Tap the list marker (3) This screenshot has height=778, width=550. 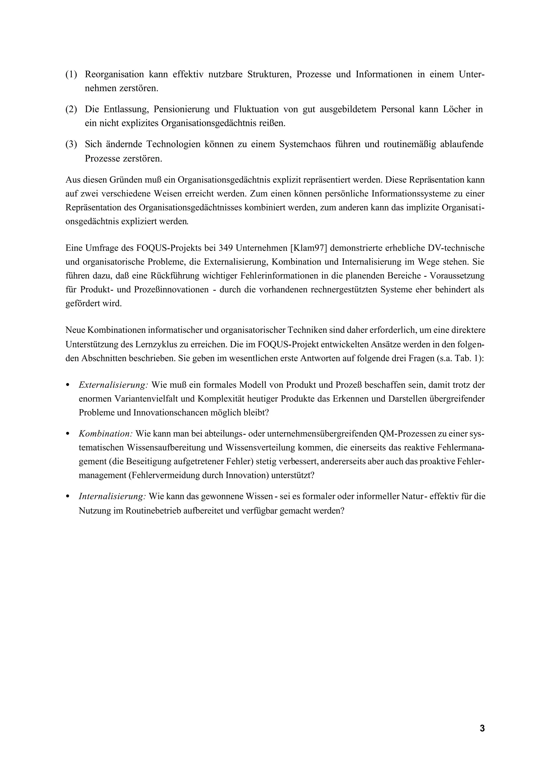coord(71,144)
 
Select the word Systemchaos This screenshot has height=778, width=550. coord(305,144)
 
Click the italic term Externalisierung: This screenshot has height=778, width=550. coord(113,385)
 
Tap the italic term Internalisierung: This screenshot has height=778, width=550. coord(112,496)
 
